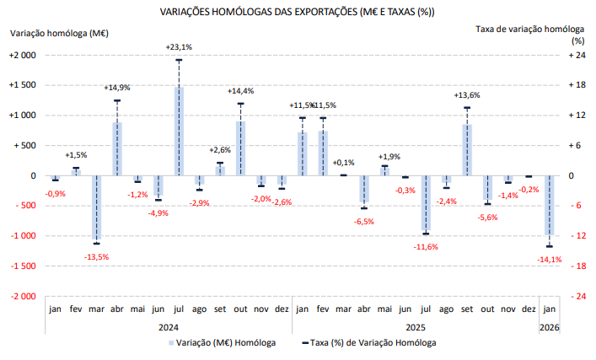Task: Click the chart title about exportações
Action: click(303, 12)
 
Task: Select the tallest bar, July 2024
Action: click(179, 131)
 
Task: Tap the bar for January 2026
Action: click(549, 207)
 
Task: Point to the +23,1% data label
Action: click(179, 46)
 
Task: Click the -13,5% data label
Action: click(97, 256)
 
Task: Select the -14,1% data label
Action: click(549, 260)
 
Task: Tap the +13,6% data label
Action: click(467, 95)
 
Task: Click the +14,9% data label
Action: click(117, 88)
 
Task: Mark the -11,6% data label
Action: click(426, 246)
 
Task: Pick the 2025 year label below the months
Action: click(415, 327)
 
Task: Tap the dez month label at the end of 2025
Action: click(529, 309)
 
